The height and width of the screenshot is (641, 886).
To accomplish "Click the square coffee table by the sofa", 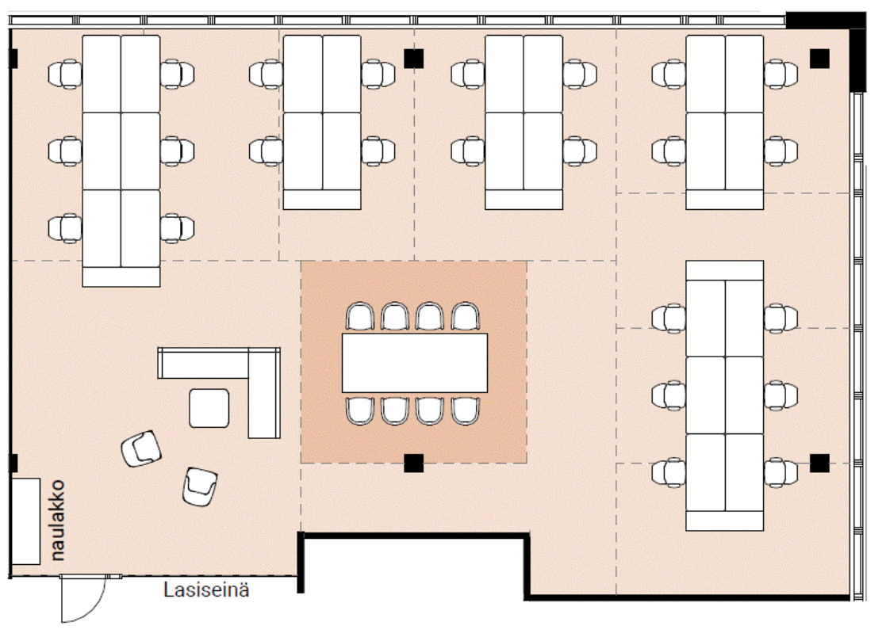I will (209, 409).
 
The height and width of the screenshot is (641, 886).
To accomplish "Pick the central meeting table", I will (414, 363).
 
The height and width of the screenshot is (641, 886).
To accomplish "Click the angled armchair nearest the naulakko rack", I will (141, 448).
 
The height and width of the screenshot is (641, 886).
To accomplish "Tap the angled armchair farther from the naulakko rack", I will (199, 486).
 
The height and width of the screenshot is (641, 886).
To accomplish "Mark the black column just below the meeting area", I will (413, 464).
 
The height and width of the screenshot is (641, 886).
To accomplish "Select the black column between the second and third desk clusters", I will (413, 58).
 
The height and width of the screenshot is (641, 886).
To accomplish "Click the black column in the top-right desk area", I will (819, 58).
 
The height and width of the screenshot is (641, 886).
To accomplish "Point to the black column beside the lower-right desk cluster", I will (819, 462).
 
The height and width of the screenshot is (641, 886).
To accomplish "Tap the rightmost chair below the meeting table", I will (465, 410).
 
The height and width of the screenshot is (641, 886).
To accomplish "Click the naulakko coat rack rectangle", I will (25, 521).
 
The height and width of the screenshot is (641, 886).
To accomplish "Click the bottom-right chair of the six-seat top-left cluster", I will (178, 228).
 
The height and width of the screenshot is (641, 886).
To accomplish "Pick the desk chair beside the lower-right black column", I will (781, 473).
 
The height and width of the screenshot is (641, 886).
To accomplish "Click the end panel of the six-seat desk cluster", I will (121, 277).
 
